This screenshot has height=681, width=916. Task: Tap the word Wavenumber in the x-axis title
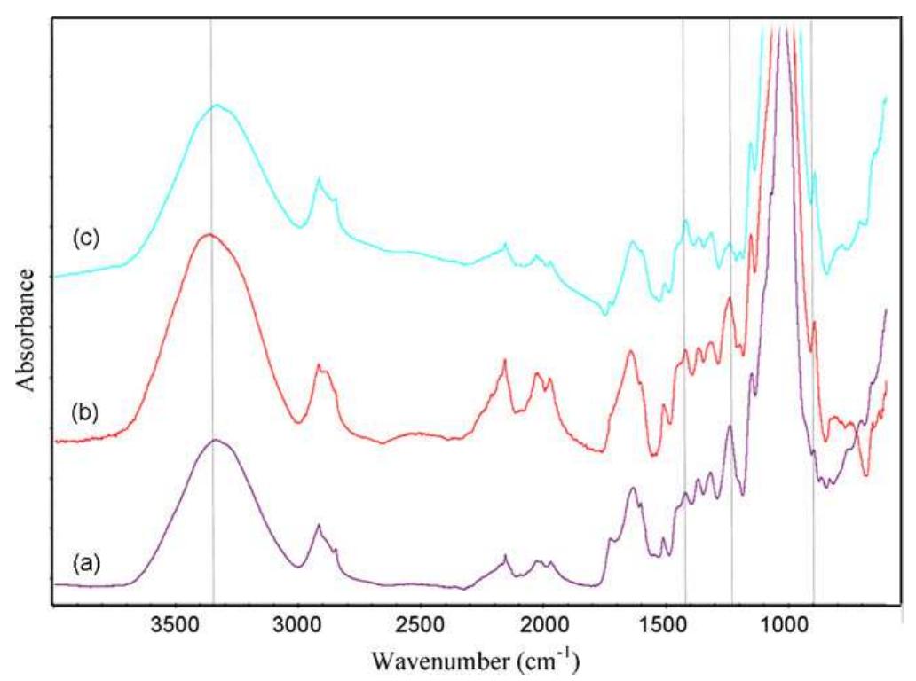pos(430,661)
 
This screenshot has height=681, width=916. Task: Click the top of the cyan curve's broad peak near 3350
pos(216,106)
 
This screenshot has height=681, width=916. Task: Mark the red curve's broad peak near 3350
pos(209,235)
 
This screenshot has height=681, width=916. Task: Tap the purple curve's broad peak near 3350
pos(216,440)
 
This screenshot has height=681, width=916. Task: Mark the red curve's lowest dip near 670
pos(866,475)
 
